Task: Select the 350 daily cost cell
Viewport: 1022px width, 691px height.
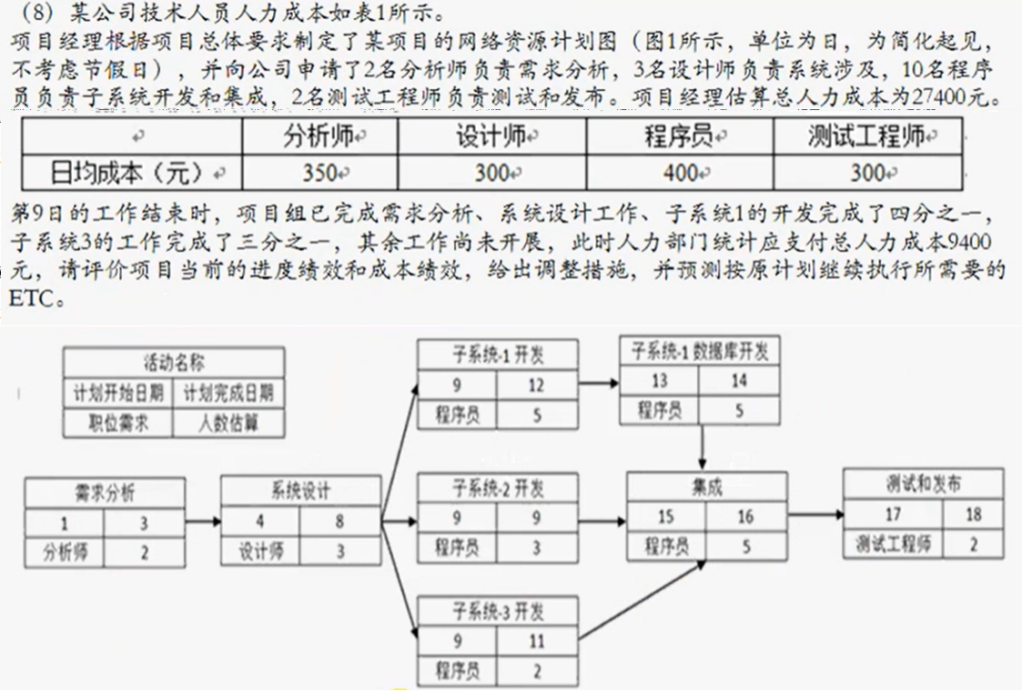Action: tap(319, 172)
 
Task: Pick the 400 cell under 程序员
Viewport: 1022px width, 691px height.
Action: tap(679, 172)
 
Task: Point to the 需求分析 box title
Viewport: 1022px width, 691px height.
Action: tap(105, 494)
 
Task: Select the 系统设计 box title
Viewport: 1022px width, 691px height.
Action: tap(300, 492)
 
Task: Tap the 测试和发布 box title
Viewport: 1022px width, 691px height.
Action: tap(922, 484)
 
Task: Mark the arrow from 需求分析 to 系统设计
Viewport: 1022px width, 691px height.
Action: tap(202, 522)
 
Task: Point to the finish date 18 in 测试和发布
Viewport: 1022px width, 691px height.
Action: tap(973, 515)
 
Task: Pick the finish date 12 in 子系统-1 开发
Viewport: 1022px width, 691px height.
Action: tap(536, 386)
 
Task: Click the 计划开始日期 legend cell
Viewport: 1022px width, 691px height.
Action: tap(118, 393)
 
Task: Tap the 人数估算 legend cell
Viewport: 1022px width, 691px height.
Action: tap(228, 424)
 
